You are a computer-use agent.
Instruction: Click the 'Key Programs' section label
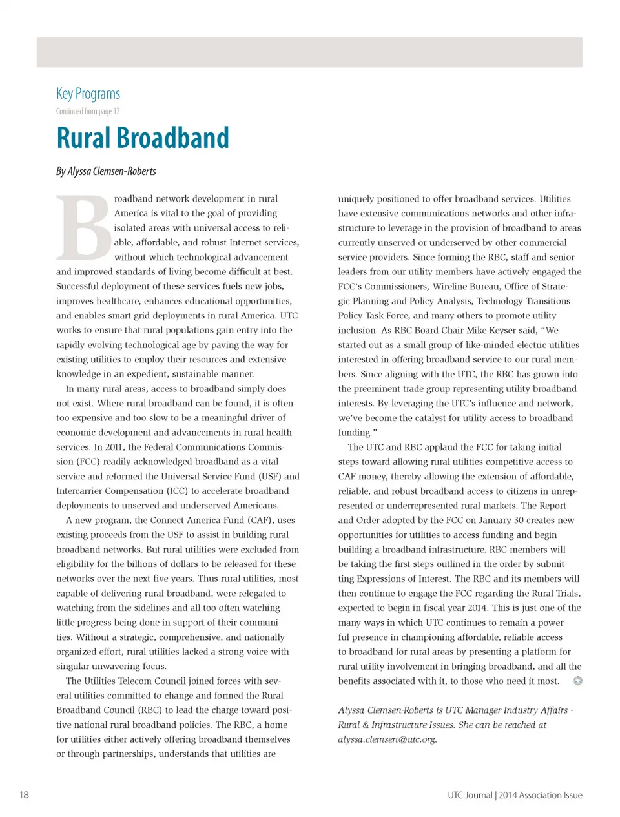point(88,94)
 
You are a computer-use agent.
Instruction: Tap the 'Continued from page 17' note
point(88,111)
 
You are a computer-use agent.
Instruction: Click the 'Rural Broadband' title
point(143,138)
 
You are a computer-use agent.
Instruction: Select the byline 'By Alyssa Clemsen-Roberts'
point(106,171)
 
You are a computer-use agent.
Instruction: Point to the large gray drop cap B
point(84,227)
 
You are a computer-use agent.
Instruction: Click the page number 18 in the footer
point(24,794)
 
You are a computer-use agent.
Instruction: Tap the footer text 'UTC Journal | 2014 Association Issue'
point(515,795)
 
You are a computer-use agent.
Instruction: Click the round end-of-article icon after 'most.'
point(578,681)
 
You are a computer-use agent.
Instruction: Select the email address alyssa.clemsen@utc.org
point(387,739)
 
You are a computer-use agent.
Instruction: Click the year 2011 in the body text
point(114,447)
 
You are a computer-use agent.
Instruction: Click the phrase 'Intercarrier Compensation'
point(110,491)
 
